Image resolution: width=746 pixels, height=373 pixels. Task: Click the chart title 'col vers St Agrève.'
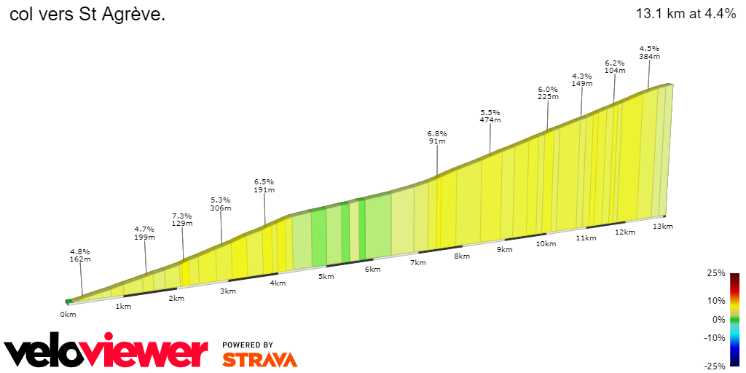click(x=87, y=15)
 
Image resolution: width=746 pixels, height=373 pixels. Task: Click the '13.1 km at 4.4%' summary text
click(x=686, y=14)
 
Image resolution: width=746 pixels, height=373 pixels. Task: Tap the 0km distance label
click(x=68, y=315)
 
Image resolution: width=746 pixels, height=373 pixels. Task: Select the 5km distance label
click(x=326, y=277)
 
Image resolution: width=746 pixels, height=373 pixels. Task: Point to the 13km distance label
click(x=662, y=227)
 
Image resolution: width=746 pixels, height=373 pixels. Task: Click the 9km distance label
click(x=505, y=250)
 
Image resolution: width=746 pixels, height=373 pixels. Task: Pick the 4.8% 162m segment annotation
click(x=80, y=255)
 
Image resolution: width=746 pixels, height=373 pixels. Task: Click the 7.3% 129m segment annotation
click(x=182, y=219)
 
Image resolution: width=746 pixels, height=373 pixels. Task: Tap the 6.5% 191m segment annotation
click(x=264, y=185)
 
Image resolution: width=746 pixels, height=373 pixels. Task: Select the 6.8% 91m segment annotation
click(x=437, y=137)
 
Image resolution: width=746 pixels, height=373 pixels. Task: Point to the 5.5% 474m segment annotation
click(x=490, y=116)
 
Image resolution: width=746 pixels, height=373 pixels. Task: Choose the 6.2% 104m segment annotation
click(x=615, y=66)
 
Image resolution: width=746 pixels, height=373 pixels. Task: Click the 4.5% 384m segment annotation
click(x=649, y=52)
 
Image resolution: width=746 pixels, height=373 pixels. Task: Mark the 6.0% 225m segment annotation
click(x=548, y=93)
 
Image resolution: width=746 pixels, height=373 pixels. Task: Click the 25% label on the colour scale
click(x=716, y=273)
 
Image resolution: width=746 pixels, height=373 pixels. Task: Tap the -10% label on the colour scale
click(x=714, y=337)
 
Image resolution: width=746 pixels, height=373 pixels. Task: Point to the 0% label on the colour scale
click(x=718, y=319)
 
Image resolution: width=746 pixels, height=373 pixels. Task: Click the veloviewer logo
click(x=106, y=353)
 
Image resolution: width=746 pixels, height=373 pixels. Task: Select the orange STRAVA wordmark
click(x=259, y=360)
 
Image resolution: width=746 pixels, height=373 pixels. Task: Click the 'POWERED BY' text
click(x=248, y=345)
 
